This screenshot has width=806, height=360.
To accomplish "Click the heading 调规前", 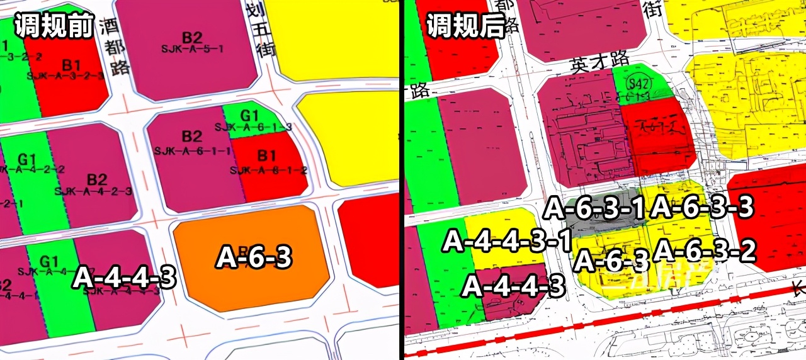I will [54, 26].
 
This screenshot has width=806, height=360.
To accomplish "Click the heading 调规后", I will [467, 26].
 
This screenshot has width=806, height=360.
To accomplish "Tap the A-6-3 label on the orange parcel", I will [254, 257].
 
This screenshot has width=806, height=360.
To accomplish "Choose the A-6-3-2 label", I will [705, 251].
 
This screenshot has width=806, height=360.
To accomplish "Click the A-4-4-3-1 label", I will [508, 241].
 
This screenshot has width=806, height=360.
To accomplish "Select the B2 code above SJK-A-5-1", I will [192, 37].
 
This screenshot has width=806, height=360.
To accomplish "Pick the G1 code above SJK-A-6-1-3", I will [249, 116].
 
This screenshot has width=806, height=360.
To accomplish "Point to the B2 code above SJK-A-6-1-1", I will [192, 137].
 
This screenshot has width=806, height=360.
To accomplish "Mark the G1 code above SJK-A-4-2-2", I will [26, 158].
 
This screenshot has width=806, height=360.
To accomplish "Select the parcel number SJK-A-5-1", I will [193, 48].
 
